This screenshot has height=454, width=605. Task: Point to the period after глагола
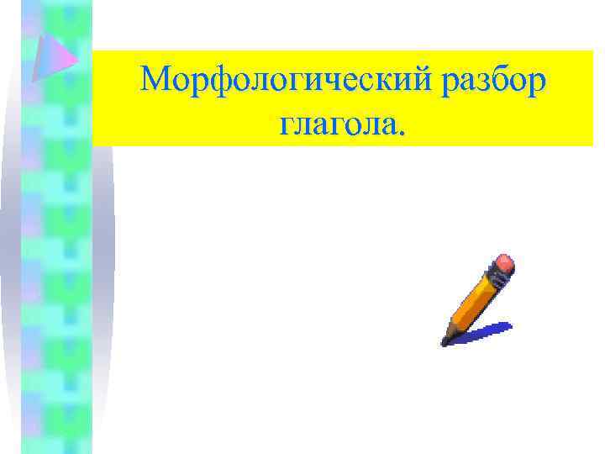click(405, 134)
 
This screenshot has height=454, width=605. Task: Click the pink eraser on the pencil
click(503, 264)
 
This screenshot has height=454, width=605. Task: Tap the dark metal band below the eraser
click(493, 277)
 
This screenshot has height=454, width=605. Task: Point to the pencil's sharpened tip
click(445, 342)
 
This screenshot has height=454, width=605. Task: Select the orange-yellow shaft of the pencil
click(474, 302)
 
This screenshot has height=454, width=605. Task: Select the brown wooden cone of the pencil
click(451, 331)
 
